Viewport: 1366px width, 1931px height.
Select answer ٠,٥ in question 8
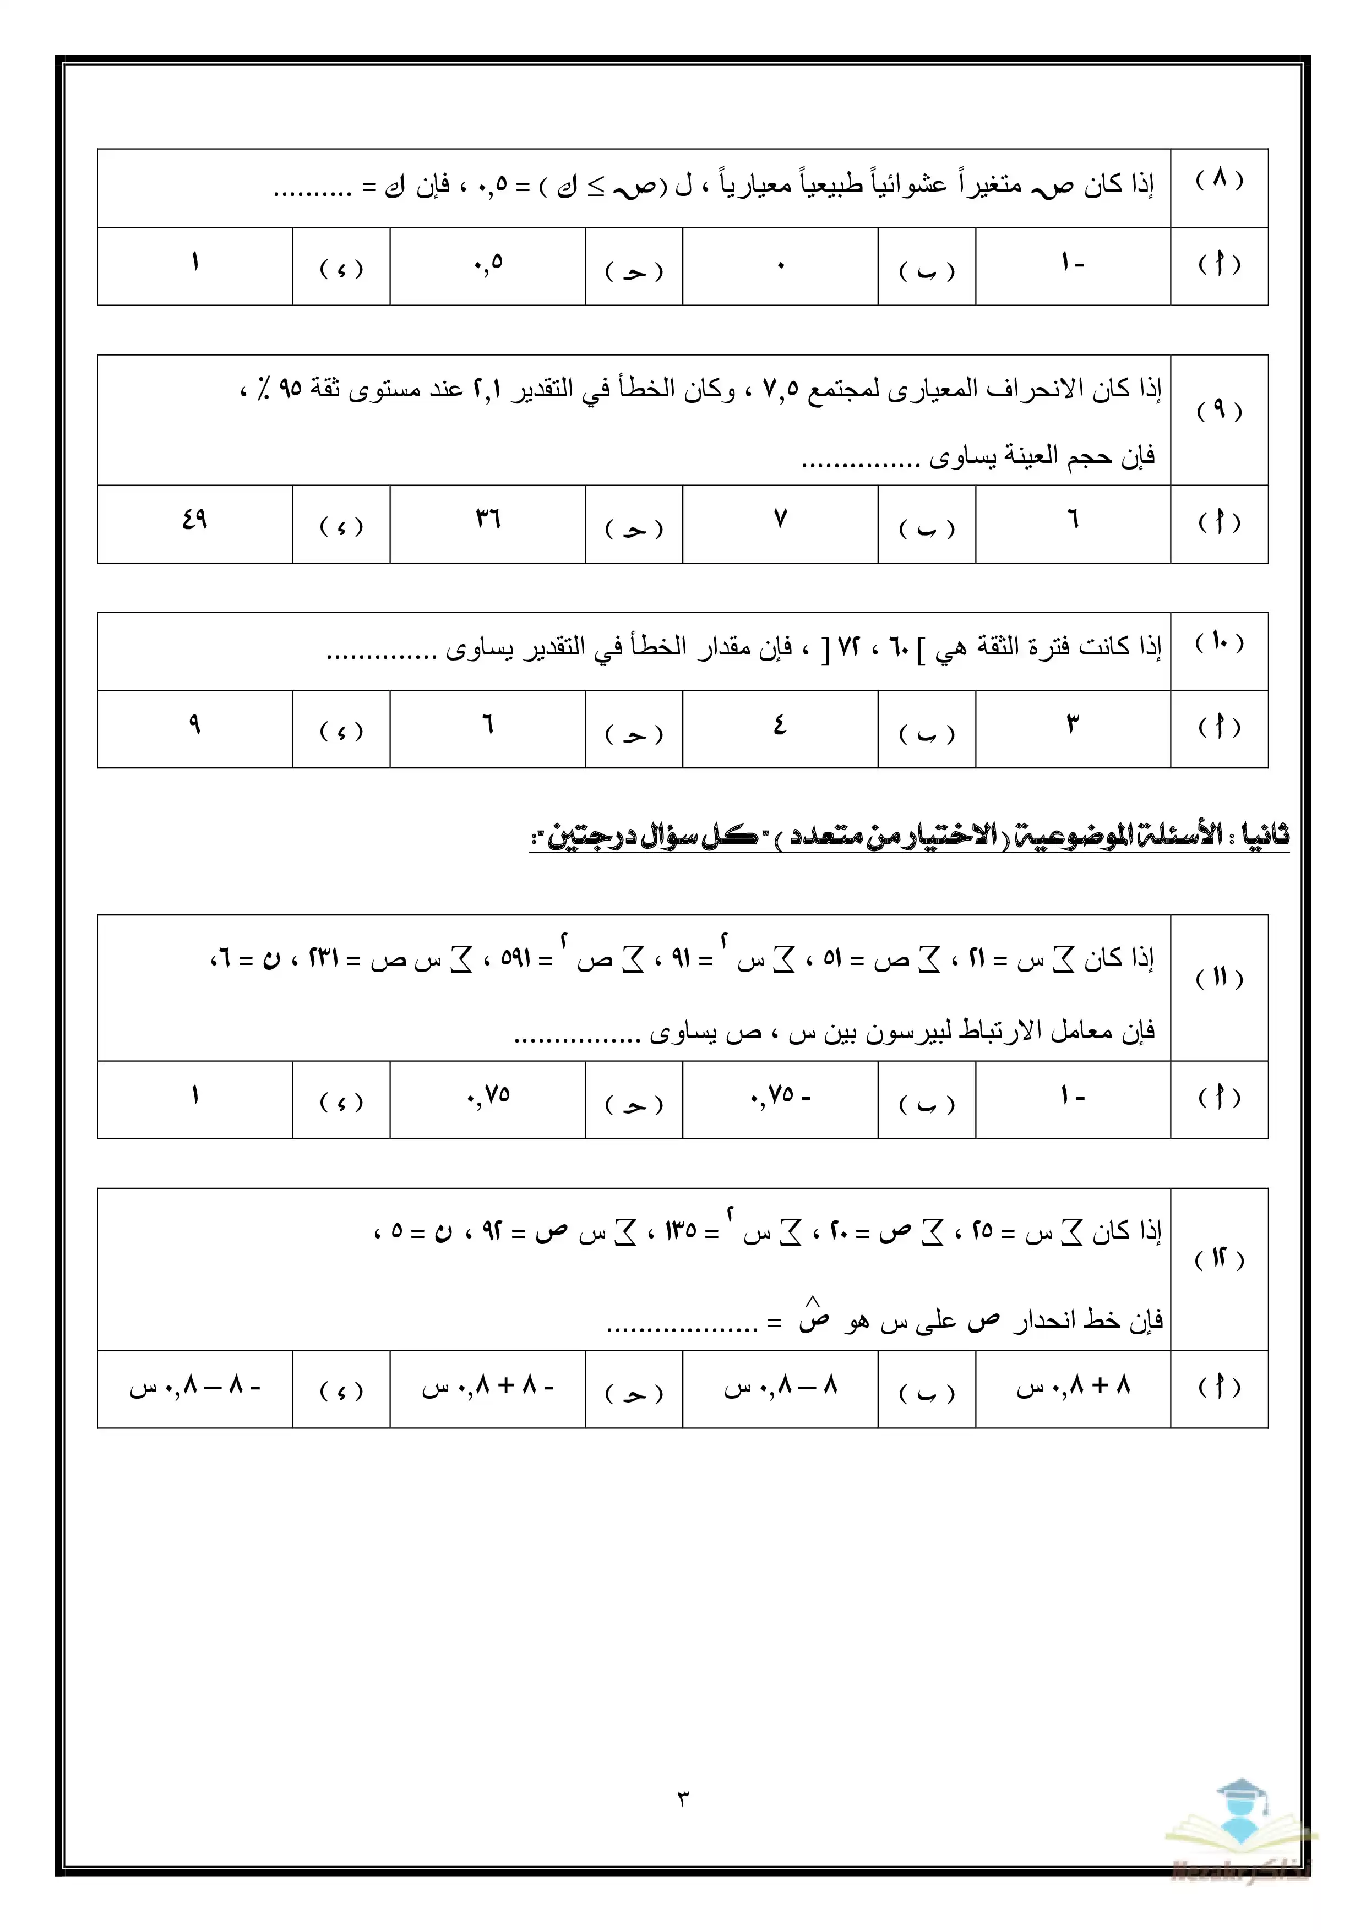click(488, 264)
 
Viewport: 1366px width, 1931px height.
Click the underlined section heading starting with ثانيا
click(908, 836)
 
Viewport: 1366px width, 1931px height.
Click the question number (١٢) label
click(1219, 1259)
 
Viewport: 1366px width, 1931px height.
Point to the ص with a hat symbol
click(813, 1318)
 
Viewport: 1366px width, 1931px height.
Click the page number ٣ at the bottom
click(683, 1799)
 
